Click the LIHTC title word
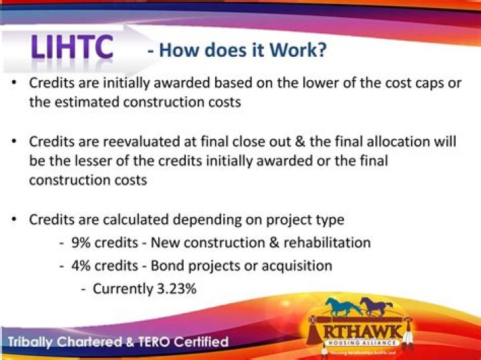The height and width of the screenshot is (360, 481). tap(73, 48)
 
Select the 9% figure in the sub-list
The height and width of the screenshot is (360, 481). tap(82, 242)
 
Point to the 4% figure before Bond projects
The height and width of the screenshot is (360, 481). tap(82, 265)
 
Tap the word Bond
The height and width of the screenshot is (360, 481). tap(168, 265)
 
